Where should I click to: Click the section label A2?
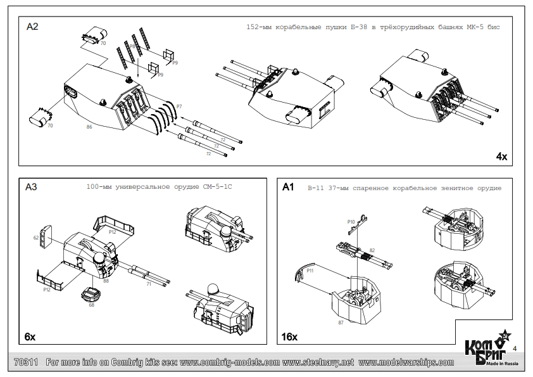[32, 27]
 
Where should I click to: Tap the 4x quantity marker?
[501, 156]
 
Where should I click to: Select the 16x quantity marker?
[289, 336]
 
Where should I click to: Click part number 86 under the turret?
[89, 127]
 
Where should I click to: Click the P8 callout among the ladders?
[133, 46]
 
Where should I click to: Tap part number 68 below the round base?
[91, 305]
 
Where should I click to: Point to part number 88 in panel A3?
[106, 280]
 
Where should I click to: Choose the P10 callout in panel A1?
[351, 221]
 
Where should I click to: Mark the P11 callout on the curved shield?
[311, 271]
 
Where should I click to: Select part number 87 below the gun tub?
[341, 323]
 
